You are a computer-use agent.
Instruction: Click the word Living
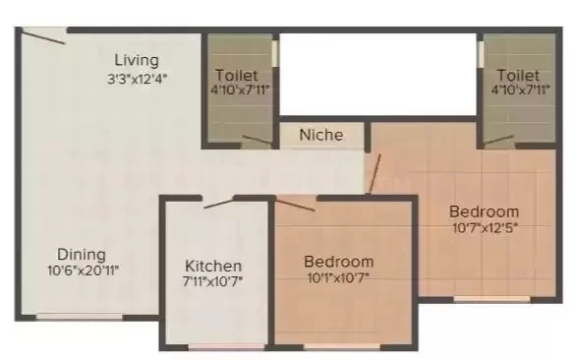137,61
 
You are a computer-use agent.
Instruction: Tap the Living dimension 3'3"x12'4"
138,79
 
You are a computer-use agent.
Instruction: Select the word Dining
82,255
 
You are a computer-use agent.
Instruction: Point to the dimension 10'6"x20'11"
84,270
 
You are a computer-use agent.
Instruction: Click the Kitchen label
213,266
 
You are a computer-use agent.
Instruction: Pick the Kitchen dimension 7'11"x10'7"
213,281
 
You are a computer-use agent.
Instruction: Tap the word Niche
321,135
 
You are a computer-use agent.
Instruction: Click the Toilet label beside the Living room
237,76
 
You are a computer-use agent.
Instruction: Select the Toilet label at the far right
518,76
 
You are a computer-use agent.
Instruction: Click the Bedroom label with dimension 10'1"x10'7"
339,262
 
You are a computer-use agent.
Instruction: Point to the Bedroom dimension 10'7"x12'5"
486,228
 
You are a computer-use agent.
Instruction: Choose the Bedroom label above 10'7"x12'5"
485,211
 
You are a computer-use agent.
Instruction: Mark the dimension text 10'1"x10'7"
338,277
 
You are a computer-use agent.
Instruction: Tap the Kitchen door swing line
218,204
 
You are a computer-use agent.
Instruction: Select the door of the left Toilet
258,140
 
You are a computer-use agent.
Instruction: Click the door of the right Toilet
498,140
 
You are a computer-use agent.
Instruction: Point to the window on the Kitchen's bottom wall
227,347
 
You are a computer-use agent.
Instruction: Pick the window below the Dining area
80,317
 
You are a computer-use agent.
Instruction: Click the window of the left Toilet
274,54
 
